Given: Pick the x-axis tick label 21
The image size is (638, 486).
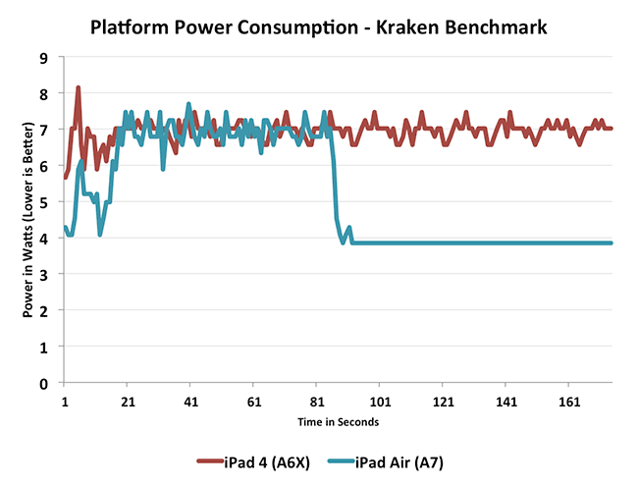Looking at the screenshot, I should coord(128,402).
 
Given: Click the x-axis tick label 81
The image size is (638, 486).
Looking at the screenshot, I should coord(317,402).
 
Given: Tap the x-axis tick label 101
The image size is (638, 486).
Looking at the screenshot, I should coord(381,402).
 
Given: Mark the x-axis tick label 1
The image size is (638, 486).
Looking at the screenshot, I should coord(65,402).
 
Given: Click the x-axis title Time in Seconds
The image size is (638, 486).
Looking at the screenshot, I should coord(340,422).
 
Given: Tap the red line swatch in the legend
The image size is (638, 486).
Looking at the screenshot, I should coord(212,459).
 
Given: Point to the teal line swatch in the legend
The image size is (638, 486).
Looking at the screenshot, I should coord(343,459).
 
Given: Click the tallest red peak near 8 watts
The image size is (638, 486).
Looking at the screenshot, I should coord(78,88).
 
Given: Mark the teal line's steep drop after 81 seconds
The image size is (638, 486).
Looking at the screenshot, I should coord(335,187).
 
